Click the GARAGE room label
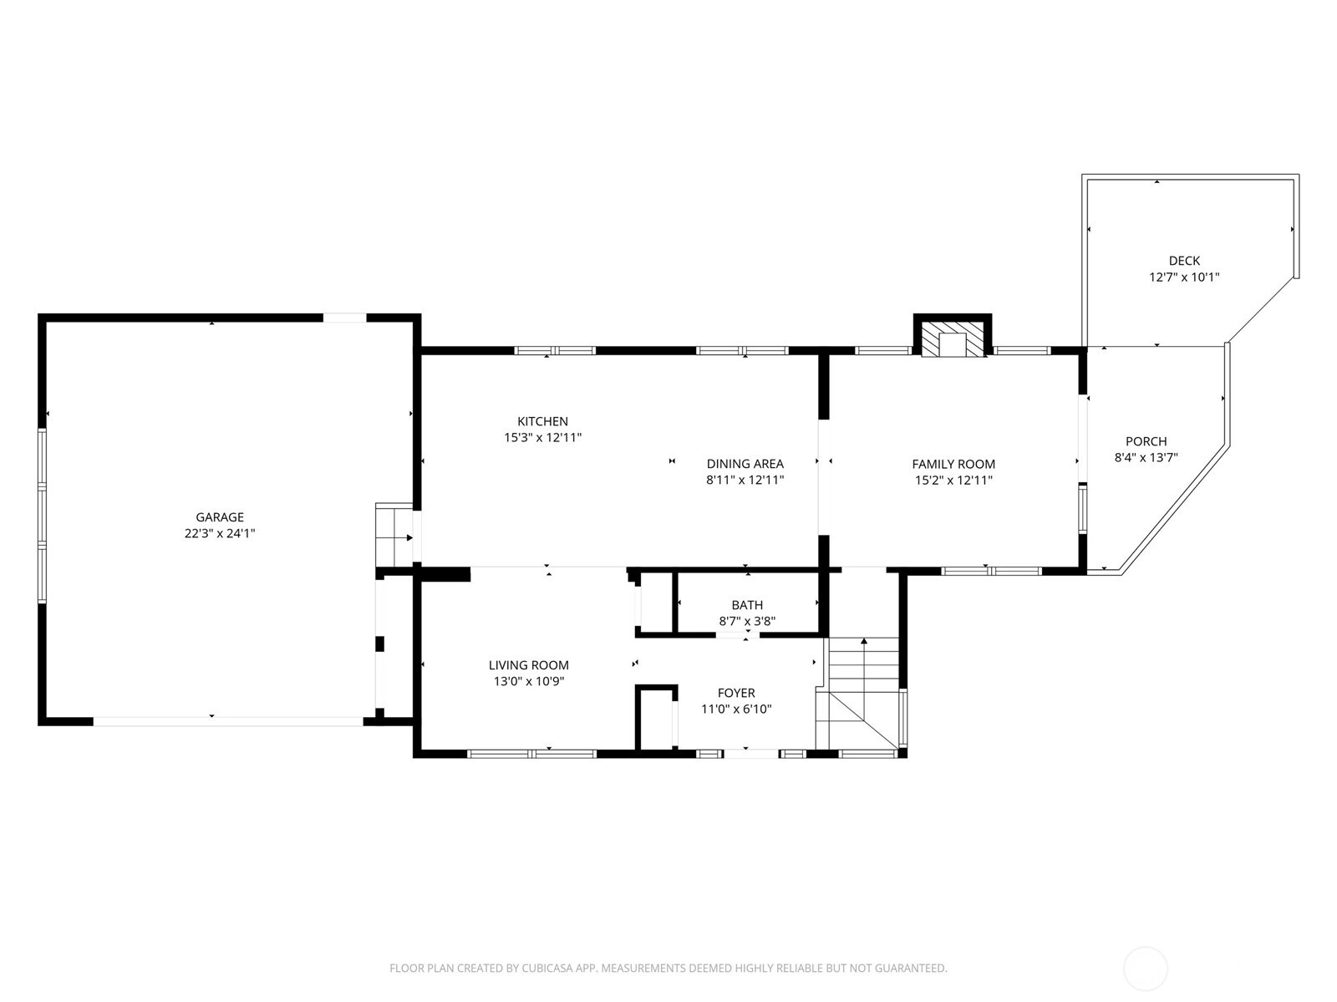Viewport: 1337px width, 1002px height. click(219, 517)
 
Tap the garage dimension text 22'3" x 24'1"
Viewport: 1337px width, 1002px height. click(219, 533)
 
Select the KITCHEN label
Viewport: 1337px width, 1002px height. click(542, 421)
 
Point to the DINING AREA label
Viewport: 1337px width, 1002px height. click(745, 464)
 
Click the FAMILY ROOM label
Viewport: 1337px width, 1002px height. click(953, 464)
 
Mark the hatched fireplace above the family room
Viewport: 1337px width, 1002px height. click(953, 336)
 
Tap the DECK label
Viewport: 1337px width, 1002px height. click(1184, 261)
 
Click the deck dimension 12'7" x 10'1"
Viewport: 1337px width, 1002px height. click(1184, 277)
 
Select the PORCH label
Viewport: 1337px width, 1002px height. click(1146, 441)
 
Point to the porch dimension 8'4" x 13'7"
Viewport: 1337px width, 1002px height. click(1146, 457)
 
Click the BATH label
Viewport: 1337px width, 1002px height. click(747, 605)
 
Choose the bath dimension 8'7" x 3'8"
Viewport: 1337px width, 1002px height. click(747, 621)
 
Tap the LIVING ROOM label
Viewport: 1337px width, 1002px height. click(529, 665)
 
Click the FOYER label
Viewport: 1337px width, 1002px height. click(736, 693)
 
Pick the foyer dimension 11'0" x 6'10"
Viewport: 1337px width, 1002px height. click(736, 709)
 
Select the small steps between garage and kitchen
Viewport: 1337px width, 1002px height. click(394, 534)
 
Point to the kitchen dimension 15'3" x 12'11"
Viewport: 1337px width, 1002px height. click(542, 437)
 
